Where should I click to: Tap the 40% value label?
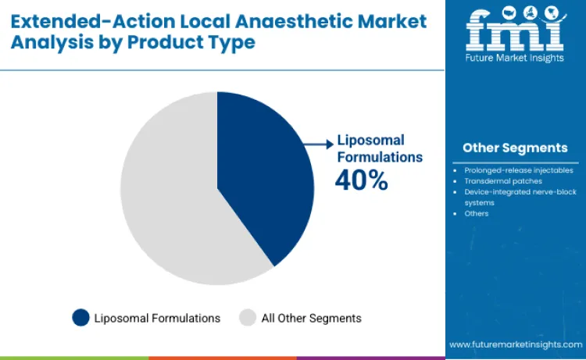click(361, 181)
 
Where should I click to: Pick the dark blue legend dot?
click(80, 318)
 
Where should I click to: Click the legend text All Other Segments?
click(311, 318)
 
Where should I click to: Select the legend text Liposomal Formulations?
click(157, 318)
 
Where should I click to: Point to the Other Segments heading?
click(514, 148)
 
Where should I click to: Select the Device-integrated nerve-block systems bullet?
click(520, 197)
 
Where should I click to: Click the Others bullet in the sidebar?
click(477, 213)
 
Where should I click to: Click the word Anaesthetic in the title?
click(331, 20)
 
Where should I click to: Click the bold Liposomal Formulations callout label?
click(380, 148)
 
